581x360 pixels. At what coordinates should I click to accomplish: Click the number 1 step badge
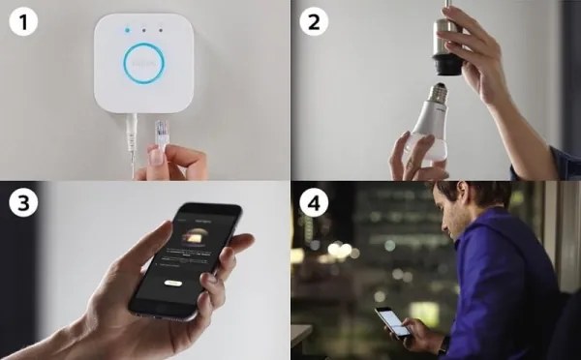tap(21, 21)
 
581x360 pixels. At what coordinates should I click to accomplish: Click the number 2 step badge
tap(312, 21)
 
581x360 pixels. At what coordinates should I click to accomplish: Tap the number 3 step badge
tap(21, 204)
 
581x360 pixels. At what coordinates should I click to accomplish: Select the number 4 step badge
tap(312, 204)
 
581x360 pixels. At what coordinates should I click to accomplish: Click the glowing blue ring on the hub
tap(144, 63)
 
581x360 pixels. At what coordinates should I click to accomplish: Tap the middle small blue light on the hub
tap(144, 30)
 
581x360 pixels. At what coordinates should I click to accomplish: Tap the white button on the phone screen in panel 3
tap(173, 283)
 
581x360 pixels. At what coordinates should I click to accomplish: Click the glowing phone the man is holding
tap(392, 322)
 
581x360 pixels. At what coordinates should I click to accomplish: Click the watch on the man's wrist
tap(443, 344)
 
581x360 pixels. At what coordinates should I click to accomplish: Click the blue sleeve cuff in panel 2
tap(559, 162)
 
